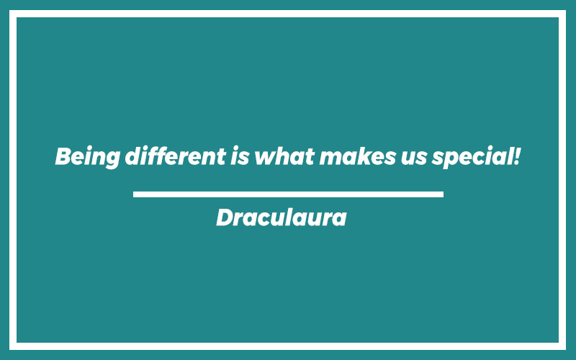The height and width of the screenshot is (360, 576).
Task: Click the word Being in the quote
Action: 87,157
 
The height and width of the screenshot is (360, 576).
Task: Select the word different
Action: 175,156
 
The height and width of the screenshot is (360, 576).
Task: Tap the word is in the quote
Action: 240,156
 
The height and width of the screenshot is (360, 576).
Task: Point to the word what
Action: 284,157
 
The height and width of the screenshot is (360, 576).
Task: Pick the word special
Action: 472,157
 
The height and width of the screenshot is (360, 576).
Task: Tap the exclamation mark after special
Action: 516,156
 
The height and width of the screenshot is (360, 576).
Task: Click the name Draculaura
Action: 282,217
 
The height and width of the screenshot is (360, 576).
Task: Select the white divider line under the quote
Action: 288,194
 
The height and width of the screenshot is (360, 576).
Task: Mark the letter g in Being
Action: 111,160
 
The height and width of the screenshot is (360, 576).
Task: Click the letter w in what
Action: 267,158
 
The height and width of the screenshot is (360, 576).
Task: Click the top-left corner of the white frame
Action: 9,10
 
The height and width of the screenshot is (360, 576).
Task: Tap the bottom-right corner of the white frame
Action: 566,350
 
